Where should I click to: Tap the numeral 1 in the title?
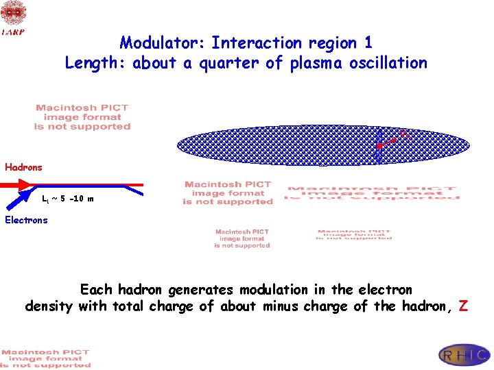[x=368, y=43]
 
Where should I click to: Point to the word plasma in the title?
[x=320, y=63]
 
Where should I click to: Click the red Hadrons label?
[x=23, y=167]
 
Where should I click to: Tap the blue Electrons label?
[x=26, y=220]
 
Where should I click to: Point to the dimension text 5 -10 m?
[x=73, y=199]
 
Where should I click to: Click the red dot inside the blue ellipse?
[x=378, y=147]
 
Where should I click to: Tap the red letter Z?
[x=463, y=306]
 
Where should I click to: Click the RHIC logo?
[x=464, y=355]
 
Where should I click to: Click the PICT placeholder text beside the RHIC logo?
[x=45, y=358]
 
